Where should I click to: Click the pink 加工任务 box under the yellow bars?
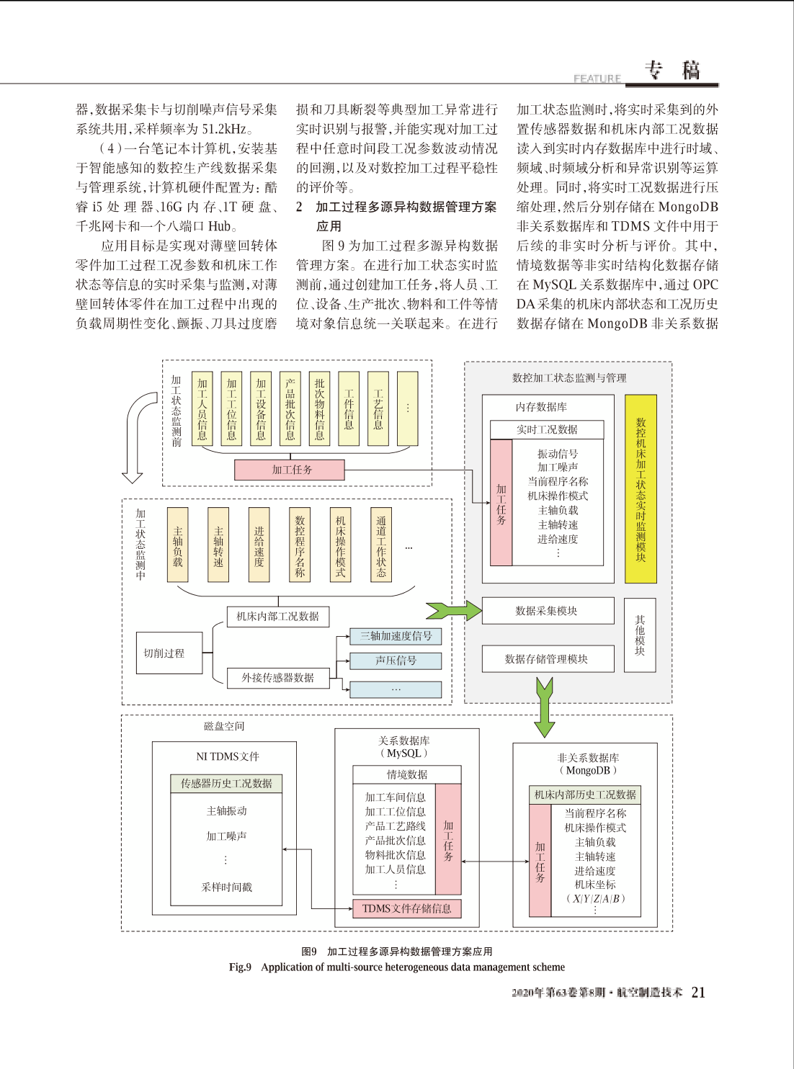pyautogui.click(x=289, y=470)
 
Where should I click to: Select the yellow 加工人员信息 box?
pyautogui.click(x=202, y=408)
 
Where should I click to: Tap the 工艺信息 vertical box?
pyautogui.click(x=378, y=408)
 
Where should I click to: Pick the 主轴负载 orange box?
pyautogui.click(x=177, y=545)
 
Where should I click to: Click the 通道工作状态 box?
pyautogui.click(x=381, y=545)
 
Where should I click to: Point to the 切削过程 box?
pyautogui.click(x=169, y=653)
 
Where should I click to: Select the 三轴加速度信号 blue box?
pyautogui.click(x=396, y=636)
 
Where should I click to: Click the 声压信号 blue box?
pyautogui.click(x=396, y=661)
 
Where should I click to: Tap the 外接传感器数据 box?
pyautogui.click(x=278, y=678)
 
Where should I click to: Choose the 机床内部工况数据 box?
pyautogui.click(x=278, y=617)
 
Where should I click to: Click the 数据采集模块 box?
pyautogui.click(x=548, y=611)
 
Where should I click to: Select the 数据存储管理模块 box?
pyautogui.click(x=548, y=659)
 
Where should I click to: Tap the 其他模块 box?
pyautogui.click(x=640, y=635)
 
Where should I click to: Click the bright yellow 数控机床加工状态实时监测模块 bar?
pyautogui.click(x=641, y=488)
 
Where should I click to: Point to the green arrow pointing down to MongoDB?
pyautogui.click(x=545, y=707)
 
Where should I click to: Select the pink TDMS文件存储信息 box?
pyautogui.click(x=407, y=908)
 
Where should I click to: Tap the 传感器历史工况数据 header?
pyautogui.click(x=226, y=784)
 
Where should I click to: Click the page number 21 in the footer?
pyautogui.click(x=698, y=993)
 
